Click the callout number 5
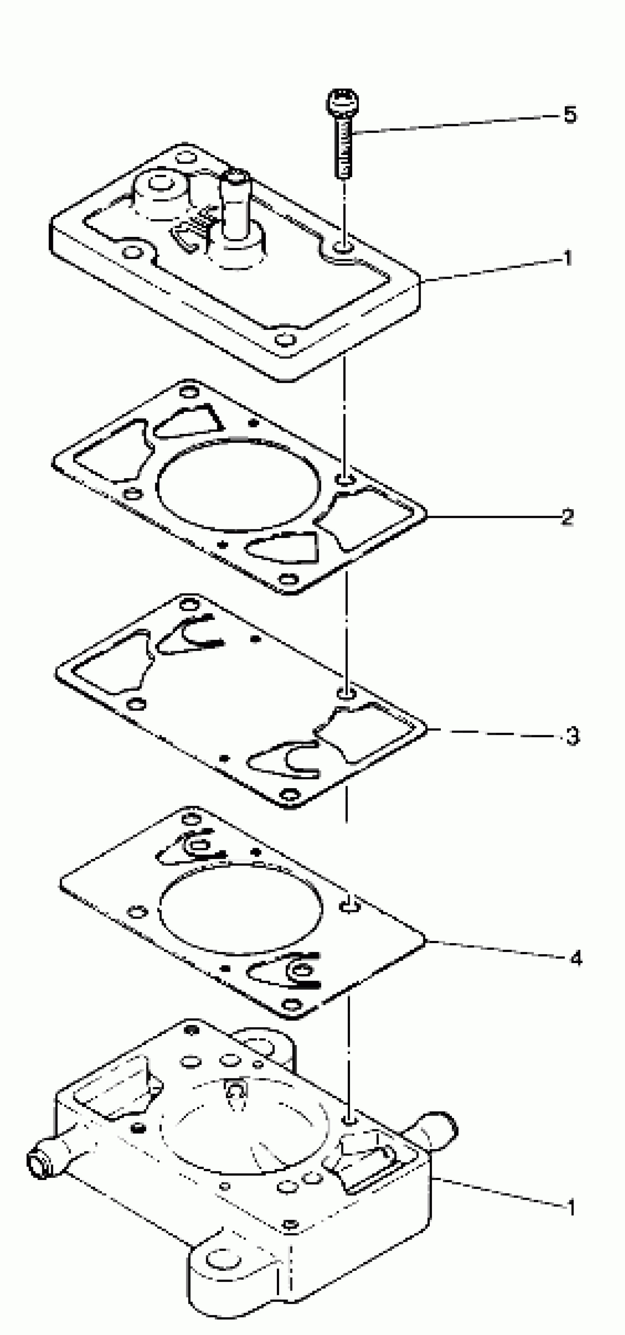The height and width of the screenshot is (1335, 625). [569, 115]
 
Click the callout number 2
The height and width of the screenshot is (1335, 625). [567, 517]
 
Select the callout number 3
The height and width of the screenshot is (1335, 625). [572, 736]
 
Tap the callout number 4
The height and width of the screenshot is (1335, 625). [576, 958]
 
